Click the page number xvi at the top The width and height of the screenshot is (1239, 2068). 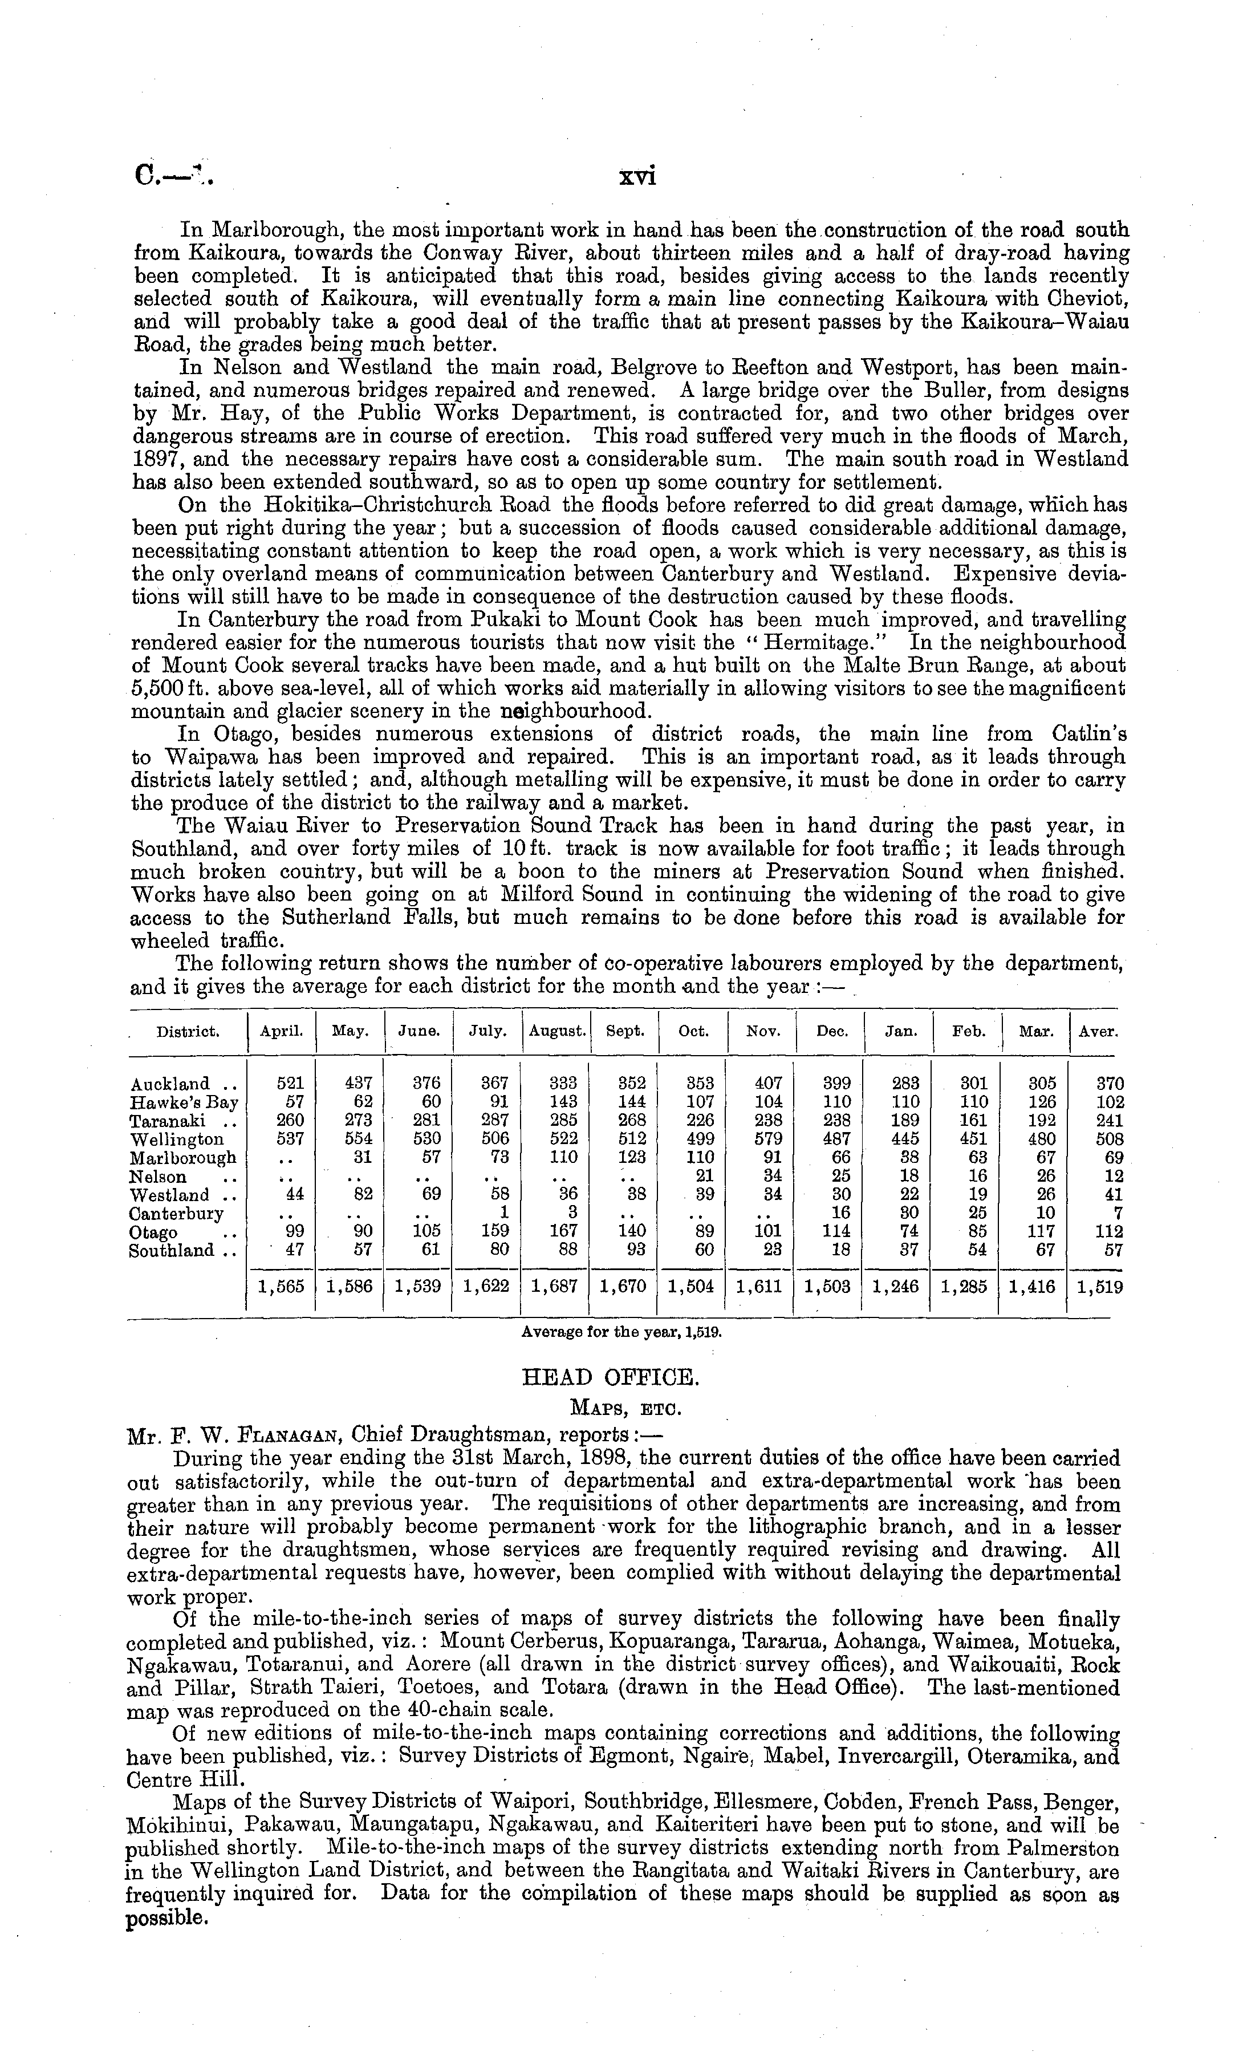[x=637, y=178]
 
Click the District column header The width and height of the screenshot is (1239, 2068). [x=188, y=1031]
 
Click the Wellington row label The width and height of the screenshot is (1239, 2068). [x=177, y=1140]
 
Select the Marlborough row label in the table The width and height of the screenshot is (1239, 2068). [x=183, y=1158]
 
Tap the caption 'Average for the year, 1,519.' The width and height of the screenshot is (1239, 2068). [x=620, y=1332]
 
